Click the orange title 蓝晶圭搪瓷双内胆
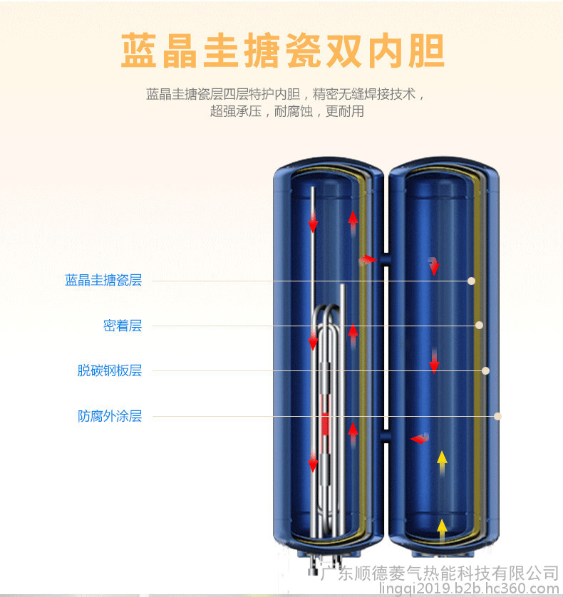(283, 51)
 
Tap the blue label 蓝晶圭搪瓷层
(103, 280)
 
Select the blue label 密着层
(123, 326)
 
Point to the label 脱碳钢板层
(110, 370)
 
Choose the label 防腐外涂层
(110, 416)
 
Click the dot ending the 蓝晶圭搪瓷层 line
(471, 281)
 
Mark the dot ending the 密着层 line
(479, 325)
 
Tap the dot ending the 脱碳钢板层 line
(485, 370)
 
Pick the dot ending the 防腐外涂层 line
(497, 416)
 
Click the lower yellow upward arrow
(442, 530)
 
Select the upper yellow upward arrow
(442, 462)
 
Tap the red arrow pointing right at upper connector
(368, 261)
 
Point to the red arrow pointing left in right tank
(420, 438)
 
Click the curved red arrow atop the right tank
(433, 266)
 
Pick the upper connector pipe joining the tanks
(386, 259)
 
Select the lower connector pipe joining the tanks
(386, 436)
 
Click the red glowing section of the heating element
(325, 423)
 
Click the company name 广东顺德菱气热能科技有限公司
(440, 573)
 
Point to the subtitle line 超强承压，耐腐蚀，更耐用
(286, 111)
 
